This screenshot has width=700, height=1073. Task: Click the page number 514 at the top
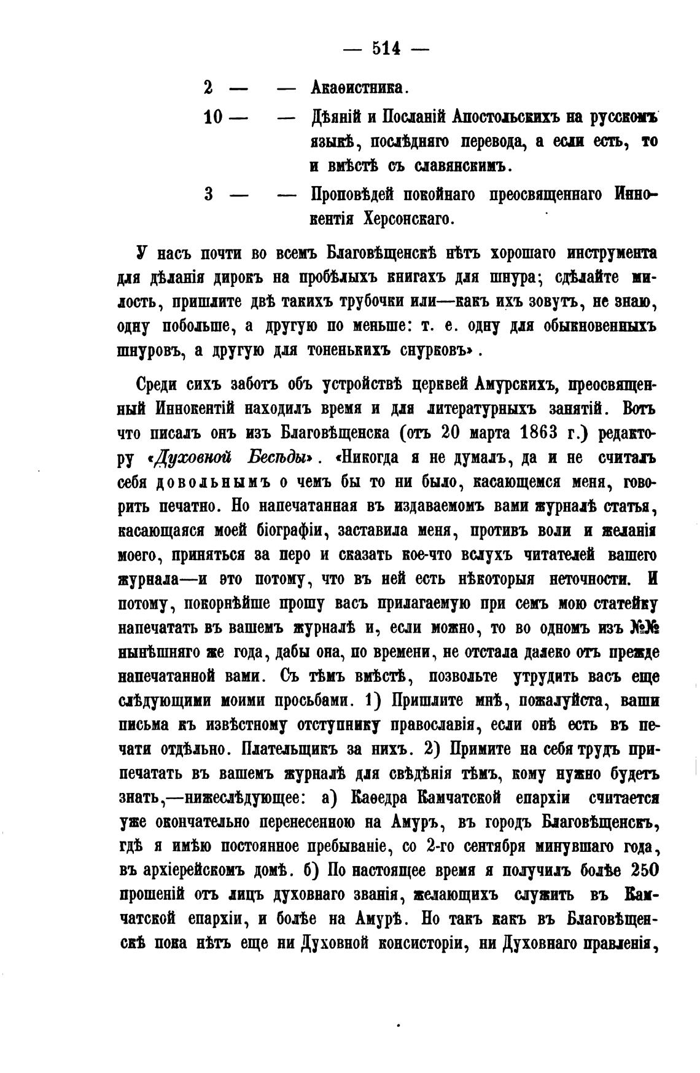[x=386, y=47]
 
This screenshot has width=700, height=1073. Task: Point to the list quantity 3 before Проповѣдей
[x=208, y=194]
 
